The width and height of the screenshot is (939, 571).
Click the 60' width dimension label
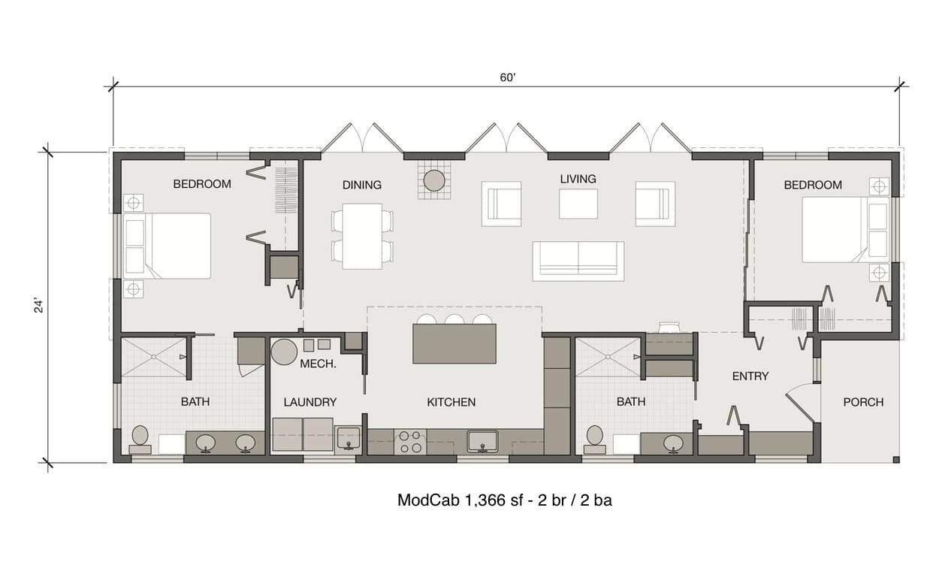click(507, 77)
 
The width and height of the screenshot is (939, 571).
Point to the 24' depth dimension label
click(38, 306)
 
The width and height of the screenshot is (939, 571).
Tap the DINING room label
click(362, 185)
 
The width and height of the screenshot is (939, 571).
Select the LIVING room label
click(578, 179)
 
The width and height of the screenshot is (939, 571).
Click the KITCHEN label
click(451, 403)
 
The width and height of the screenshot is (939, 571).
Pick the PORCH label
click(864, 403)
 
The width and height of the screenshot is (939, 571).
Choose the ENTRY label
click(750, 376)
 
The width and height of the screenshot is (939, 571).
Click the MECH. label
click(319, 364)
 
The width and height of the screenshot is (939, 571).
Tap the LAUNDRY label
click(310, 403)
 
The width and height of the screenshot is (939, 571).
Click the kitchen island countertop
click(454, 343)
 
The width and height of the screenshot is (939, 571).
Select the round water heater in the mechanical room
click(284, 352)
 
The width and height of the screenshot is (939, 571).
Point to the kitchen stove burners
click(410, 442)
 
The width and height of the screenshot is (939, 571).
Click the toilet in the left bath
click(140, 439)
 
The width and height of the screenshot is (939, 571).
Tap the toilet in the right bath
click(594, 439)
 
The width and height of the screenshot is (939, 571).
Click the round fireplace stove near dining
click(434, 180)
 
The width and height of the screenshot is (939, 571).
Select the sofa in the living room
click(578, 261)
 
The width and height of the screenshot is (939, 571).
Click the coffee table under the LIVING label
click(578, 204)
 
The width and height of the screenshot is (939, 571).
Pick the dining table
click(362, 237)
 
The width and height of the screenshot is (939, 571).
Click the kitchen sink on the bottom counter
click(482, 442)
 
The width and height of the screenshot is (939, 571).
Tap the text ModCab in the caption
click(428, 500)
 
